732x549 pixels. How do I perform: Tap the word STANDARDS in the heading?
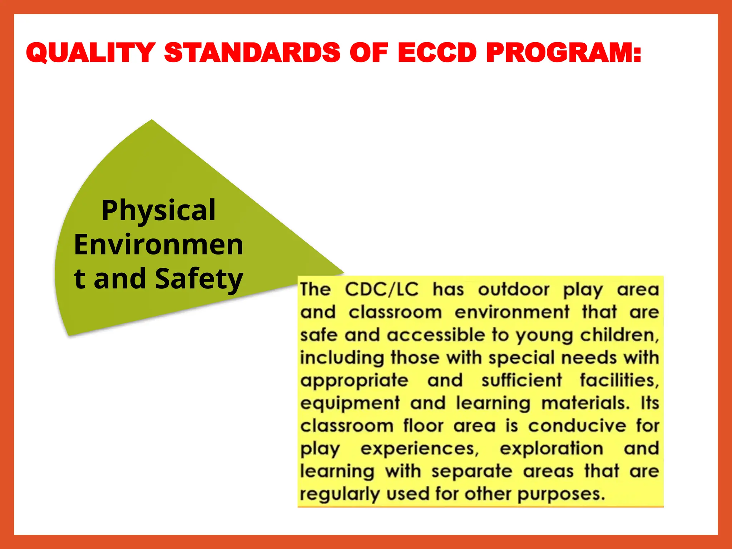click(252, 53)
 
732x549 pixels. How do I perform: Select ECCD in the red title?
click(437, 53)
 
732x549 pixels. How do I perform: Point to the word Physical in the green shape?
click(158, 211)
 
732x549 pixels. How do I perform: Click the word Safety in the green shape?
click(199, 279)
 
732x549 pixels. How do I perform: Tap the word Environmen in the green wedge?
click(158, 245)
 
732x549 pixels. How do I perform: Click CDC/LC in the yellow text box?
click(381, 290)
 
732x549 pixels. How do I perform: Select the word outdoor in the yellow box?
click(513, 290)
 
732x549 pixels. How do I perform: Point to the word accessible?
click(436, 335)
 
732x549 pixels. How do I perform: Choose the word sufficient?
click(521, 380)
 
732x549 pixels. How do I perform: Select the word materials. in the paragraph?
click(585, 403)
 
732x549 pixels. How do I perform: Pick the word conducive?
click(577, 426)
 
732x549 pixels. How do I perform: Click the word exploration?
click(551, 449)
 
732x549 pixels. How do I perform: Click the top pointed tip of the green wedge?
click(152, 120)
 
